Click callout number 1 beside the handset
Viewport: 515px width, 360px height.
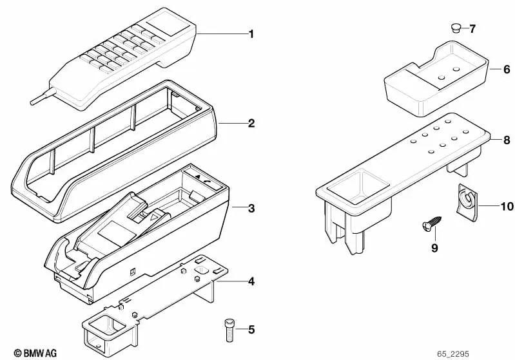[251, 34]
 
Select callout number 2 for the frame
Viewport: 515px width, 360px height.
[251, 124]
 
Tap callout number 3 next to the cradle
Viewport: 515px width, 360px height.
[251, 208]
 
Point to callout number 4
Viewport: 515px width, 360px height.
[251, 281]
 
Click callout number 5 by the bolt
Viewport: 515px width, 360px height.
[251, 330]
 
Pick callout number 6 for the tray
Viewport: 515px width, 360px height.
[507, 70]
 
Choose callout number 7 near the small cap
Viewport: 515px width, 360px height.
[472, 29]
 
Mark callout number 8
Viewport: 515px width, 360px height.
[507, 140]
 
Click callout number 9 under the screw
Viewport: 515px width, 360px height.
[434, 248]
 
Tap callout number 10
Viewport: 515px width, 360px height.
[507, 207]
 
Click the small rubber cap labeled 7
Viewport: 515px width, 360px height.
[456, 28]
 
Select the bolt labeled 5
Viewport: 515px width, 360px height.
[229, 330]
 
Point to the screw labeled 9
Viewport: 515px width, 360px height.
[431, 223]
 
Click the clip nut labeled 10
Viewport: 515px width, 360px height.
[467, 202]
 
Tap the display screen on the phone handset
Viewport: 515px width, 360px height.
[168, 24]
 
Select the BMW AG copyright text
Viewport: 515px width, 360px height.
[35, 353]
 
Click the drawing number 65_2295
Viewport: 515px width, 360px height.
[453, 354]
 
